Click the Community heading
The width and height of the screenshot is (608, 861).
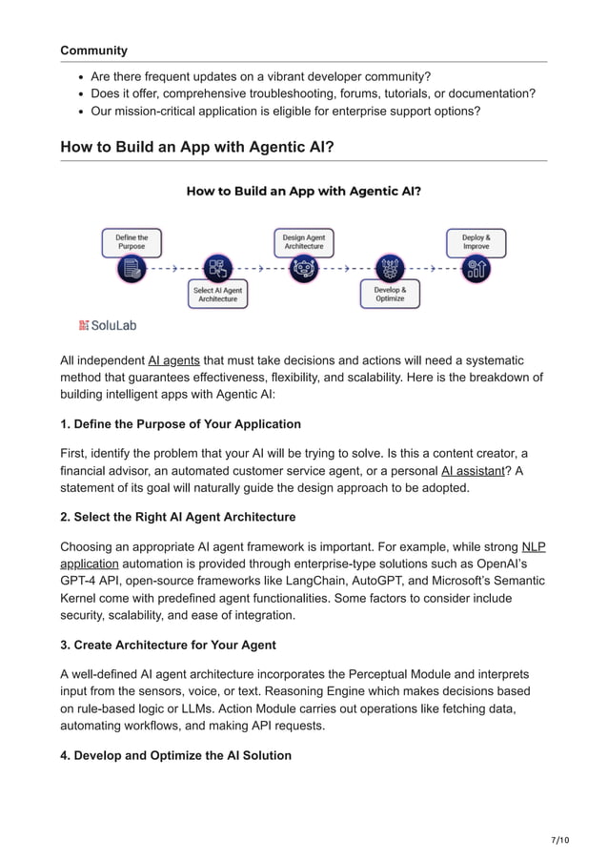click(x=93, y=50)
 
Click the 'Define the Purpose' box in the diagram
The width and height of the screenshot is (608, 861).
click(x=132, y=242)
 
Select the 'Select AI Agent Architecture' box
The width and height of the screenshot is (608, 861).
click(x=218, y=295)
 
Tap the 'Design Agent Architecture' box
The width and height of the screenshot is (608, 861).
click(x=304, y=242)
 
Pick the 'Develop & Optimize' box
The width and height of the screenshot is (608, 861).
click(x=390, y=295)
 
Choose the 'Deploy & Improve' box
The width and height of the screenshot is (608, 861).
click(x=476, y=242)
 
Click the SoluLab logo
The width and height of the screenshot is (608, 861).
click(x=108, y=325)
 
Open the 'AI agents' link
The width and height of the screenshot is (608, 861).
click(x=173, y=360)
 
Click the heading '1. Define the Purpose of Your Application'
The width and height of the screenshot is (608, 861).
click(x=180, y=423)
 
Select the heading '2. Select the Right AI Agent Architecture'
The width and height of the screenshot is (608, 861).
click(x=177, y=517)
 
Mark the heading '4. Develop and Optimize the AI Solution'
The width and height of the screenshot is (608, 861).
click(x=175, y=755)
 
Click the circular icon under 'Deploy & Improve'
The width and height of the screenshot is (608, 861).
click(x=476, y=269)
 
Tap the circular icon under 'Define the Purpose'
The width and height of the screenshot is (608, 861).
click(x=132, y=269)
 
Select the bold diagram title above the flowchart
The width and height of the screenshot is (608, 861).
click(x=303, y=191)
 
